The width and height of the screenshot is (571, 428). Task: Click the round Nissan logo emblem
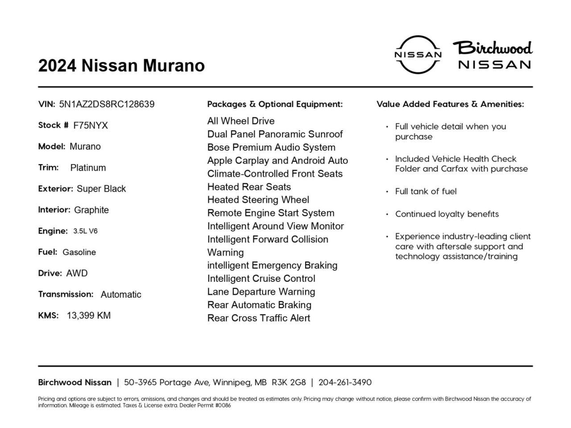coord(418,54)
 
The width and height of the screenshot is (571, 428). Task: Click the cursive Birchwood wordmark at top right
coord(493,48)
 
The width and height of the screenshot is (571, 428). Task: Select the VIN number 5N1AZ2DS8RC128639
coord(107,104)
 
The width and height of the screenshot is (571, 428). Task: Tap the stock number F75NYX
coord(91,126)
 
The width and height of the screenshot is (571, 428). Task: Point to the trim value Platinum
coord(88,168)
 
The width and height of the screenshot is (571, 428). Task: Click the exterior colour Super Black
coord(101,189)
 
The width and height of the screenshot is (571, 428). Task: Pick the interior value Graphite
coord(91,210)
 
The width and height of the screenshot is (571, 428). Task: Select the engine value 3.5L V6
coord(85,231)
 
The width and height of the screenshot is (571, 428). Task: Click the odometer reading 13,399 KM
coord(89,316)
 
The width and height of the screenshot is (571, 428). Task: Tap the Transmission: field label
coord(66,294)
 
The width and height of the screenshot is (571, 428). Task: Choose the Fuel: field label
coord(48,252)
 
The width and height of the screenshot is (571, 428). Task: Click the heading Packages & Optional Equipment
coord(275,104)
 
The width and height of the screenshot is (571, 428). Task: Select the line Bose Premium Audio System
coord(271,148)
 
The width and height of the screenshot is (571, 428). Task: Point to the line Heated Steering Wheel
coord(258,200)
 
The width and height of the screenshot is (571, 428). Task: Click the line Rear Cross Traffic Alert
coord(259,318)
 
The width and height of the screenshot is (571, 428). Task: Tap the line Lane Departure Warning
coord(261,292)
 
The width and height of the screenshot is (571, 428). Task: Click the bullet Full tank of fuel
coord(426,192)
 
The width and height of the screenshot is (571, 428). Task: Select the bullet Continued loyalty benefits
coord(447,214)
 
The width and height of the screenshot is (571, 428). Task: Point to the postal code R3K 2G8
coord(289,383)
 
